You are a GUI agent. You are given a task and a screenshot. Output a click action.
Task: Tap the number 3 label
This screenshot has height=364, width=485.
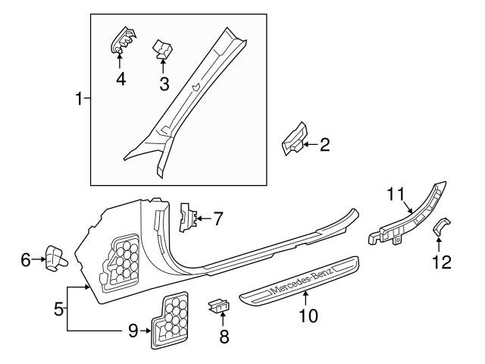coord(164,83)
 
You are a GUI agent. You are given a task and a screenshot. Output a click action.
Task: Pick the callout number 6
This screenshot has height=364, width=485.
coord(26,260)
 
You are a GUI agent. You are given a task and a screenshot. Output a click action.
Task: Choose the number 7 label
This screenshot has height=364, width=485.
coord(217,219)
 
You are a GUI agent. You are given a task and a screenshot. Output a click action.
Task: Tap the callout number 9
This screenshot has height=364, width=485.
coord(133,330)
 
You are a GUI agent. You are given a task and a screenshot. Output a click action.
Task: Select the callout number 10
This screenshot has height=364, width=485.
coord(306,313)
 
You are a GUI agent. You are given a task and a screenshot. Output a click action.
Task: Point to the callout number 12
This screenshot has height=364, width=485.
coord(441,262)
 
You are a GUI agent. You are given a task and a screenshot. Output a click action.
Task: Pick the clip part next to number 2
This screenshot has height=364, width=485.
coord(294,138)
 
